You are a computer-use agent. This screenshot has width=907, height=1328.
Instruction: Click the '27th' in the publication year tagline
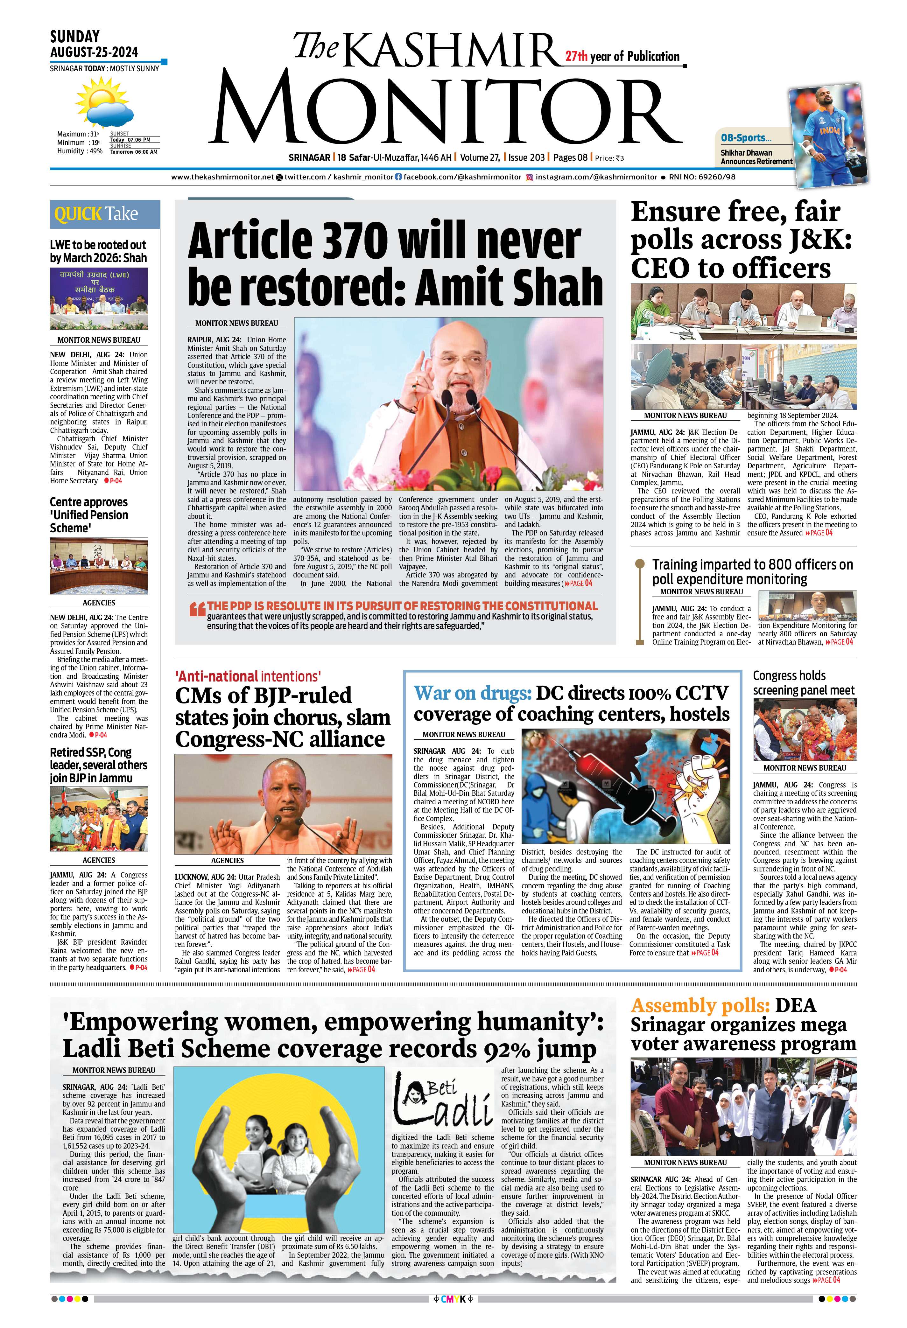(576, 57)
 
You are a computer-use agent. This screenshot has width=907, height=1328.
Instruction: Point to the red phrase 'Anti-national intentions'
(248, 677)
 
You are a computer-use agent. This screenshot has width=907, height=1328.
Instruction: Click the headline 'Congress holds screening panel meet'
(803, 683)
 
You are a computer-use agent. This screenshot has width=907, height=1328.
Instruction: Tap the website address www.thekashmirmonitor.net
(222, 177)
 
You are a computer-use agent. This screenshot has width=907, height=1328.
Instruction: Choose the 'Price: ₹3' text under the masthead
(609, 158)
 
